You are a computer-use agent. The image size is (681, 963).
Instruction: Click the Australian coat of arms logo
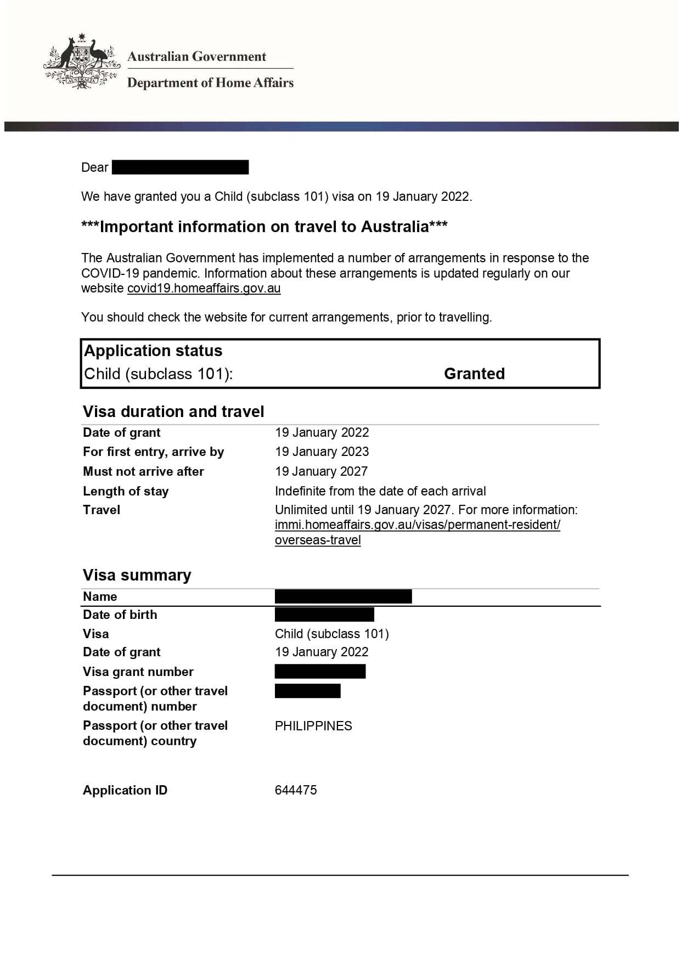tap(82, 61)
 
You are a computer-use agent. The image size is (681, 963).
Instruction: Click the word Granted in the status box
tap(474, 374)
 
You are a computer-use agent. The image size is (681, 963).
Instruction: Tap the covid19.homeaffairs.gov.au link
tap(204, 289)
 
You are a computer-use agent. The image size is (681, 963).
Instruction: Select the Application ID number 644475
tap(296, 790)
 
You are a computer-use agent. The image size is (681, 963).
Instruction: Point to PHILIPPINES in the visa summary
tap(313, 726)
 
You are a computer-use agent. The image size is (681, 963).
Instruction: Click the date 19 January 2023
tap(322, 452)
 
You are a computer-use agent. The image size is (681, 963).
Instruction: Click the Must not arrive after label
tap(143, 471)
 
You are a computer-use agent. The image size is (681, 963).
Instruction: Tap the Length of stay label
tap(126, 491)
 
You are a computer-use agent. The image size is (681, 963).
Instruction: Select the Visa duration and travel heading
tap(173, 412)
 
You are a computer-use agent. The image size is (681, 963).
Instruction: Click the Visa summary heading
tap(137, 575)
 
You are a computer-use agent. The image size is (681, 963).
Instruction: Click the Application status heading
tap(153, 351)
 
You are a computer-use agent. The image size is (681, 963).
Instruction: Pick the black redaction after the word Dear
tap(180, 167)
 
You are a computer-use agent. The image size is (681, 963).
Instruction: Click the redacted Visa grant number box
tap(320, 671)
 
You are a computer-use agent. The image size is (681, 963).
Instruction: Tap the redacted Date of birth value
tap(324, 615)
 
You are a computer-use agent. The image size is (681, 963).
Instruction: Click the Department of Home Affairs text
tap(210, 83)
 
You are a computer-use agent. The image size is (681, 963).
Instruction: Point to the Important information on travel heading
tap(264, 227)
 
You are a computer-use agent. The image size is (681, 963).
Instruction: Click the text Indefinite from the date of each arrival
tap(380, 491)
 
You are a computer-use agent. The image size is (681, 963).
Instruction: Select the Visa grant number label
tap(138, 672)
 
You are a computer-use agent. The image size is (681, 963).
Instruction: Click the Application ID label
tap(125, 790)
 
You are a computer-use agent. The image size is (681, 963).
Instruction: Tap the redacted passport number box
tap(307, 691)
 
